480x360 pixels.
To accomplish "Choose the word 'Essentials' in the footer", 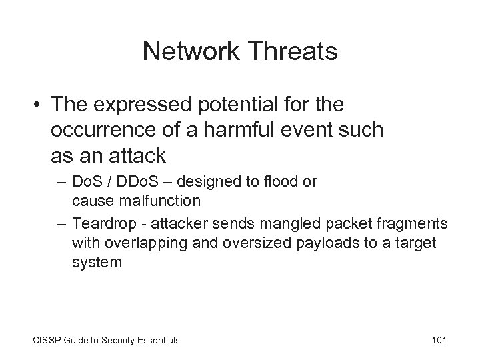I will [155, 341].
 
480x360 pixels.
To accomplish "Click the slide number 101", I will [438, 341].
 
